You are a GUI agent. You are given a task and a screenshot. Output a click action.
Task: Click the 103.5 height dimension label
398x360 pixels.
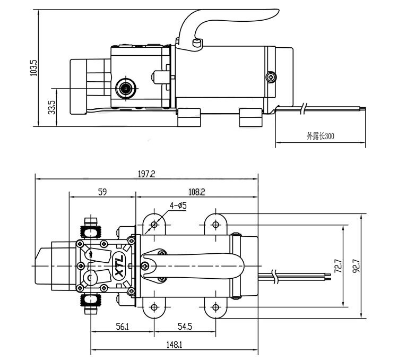33,68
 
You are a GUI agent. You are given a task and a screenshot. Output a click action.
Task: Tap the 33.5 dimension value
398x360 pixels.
51,107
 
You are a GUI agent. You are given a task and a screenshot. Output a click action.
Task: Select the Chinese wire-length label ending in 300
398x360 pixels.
321,136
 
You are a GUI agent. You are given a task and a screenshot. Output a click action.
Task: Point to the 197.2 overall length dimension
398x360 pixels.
146,174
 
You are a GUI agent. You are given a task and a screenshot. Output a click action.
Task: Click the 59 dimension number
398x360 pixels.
102,192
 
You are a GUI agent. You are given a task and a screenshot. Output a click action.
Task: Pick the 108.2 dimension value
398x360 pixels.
197,192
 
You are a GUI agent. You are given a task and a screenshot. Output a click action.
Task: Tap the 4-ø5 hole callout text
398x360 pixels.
178,205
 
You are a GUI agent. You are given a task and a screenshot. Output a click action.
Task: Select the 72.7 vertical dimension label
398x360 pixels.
338,266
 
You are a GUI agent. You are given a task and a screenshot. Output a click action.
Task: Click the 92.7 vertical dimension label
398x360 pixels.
357,266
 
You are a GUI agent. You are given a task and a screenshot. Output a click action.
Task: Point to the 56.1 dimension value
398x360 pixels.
123,327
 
